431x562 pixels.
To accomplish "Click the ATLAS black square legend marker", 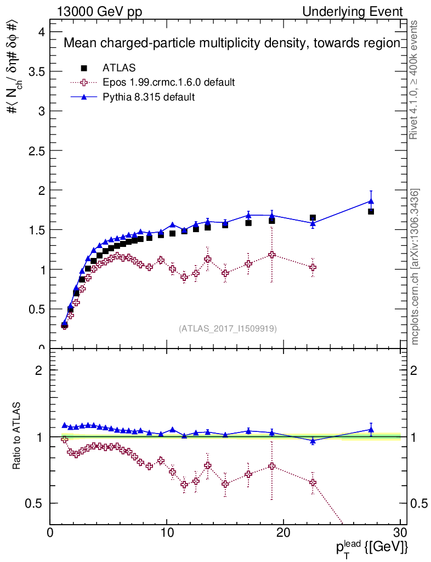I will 84,68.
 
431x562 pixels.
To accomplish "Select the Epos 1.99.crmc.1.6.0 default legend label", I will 169,82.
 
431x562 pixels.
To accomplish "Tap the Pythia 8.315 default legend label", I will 149,97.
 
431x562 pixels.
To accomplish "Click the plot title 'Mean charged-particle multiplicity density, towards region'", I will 232,43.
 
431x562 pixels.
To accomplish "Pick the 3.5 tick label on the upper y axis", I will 36,72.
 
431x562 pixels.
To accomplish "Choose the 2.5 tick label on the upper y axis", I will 36,151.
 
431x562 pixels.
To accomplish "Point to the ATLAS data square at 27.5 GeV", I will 371,211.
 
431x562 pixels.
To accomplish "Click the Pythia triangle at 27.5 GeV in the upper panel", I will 371,201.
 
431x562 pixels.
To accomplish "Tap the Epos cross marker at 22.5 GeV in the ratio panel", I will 313,482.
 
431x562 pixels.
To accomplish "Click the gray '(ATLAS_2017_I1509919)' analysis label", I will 228,329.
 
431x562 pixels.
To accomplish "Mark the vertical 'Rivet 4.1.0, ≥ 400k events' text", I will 415,80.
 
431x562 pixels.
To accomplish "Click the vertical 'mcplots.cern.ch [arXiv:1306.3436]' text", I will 415,266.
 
